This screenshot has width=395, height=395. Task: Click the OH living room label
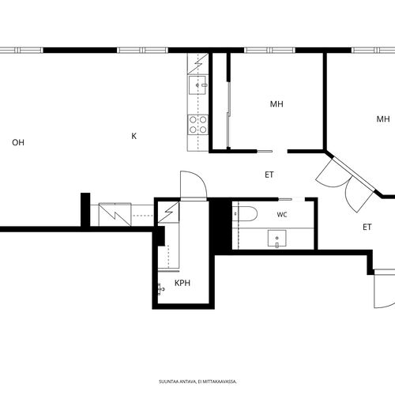(18, 142)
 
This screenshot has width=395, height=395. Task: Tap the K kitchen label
(134, 136)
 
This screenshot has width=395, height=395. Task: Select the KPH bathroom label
(182, 283)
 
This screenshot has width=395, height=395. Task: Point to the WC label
(282, 215)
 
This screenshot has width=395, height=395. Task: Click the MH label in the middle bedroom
(276, 104)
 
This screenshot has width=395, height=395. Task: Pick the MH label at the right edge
(383, 119)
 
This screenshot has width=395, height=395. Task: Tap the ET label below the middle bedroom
(269, 175)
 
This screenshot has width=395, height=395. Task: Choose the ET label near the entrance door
(367, 227)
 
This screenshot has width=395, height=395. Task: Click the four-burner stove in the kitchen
(198, 125)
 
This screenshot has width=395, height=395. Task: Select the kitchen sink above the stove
(197, 85)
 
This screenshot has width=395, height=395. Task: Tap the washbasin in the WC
(276, 239)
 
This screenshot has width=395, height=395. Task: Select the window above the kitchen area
(142, 50)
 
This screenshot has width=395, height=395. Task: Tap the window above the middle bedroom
(270, 50)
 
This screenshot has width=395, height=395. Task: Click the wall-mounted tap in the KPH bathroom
(160, 289)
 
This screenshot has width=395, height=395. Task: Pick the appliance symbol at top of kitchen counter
(198, 63)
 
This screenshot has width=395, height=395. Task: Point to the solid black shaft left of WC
(220, 225)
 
